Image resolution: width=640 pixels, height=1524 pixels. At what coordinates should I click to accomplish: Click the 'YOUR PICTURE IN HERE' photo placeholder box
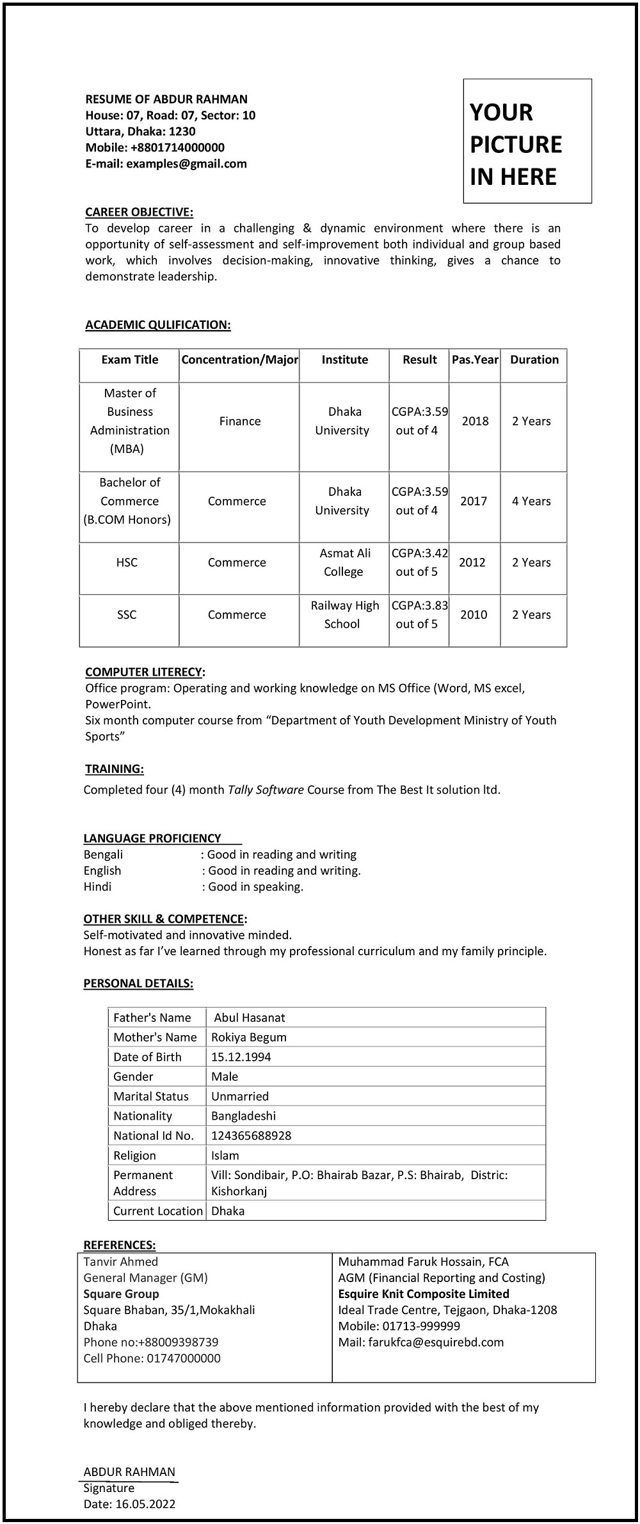pyautogui.click(x=527, y=141)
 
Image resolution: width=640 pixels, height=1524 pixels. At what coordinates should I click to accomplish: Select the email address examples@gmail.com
pyautogui.click(x=186, y=164)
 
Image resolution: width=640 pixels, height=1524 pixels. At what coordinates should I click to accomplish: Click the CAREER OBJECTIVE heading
pyautogui.click(x=139, y=212)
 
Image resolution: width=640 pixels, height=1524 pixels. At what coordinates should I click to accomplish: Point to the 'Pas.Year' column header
pyautogui.click(x=475, y=360)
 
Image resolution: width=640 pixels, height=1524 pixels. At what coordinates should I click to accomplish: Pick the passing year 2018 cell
pyautogui.click(x=475, y=421)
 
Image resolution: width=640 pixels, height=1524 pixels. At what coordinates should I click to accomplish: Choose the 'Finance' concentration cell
pyautogui.click(x=240, y=421)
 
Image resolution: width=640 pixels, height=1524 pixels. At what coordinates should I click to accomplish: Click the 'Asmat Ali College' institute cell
pyautogui.click(x=344, y=562)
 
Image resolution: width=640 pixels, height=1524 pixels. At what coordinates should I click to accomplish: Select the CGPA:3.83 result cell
pyautogui.click(x=419, y=614)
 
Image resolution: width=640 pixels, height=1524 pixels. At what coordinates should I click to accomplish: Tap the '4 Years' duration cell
pyautogui.click(x=531, y=501)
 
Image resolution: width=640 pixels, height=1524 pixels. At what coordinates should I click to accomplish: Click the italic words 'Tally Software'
pyautogui.click(x=266, y=790)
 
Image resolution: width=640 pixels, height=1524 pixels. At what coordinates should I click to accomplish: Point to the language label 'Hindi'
pyautogui.click(x=97, y=887)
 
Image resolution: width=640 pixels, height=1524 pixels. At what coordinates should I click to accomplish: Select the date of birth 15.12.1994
pyautogui.click(x=241, y=1057)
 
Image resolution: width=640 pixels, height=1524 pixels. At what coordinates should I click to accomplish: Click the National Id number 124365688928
pyautogui.click(x=251, y=1136)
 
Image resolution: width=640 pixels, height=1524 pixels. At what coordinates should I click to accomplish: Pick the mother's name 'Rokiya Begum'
pyautogui.click(x=249, y=1037)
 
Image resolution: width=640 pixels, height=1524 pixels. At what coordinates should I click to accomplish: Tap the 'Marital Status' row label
pyautogui.click(x=151, y=1096)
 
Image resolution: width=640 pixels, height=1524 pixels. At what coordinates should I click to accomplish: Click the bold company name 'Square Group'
pyautogui.click(x=122, y=1294)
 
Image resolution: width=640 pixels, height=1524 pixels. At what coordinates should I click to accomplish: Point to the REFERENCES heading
pyautogui.click(x=120, y=1244)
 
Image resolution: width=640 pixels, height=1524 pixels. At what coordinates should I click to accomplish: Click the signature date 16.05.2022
pyautogui.click(x=145, y=1504)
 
